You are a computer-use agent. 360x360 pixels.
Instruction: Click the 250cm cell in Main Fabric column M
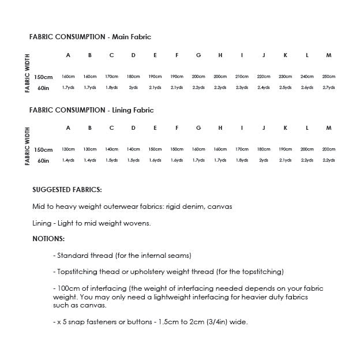(328, 77)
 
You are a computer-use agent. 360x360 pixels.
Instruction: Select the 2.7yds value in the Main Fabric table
(328, 88)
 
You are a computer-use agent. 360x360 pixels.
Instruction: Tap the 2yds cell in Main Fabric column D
(133, 88)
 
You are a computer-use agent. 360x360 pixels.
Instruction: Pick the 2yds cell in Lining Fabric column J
(264, 160)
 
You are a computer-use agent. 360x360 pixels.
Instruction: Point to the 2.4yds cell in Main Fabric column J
(264, 88)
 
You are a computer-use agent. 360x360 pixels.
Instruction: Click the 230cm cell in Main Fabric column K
(285, 77)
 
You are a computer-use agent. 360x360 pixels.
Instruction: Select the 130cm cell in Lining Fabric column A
(68, 149)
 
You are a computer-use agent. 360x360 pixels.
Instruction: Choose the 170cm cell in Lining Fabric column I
(242, 149)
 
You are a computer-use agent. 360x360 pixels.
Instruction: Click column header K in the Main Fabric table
(285, 55)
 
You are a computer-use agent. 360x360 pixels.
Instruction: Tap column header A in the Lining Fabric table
(68, 128)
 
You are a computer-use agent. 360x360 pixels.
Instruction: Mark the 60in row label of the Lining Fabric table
(43, 161)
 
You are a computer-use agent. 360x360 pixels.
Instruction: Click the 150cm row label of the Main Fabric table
(43, 77)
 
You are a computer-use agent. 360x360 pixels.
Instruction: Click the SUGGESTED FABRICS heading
(67, 189)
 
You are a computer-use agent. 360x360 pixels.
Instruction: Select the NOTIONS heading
(48, 239)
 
